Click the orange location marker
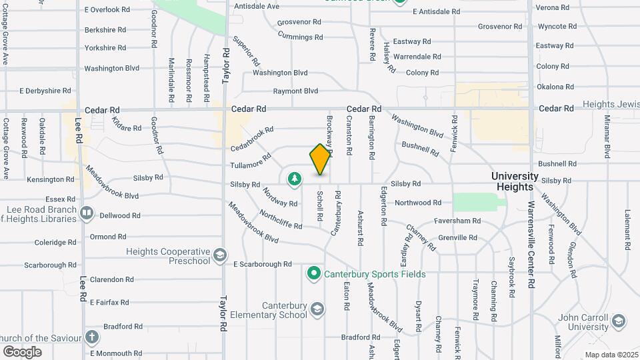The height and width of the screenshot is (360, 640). pyautogui.click(x=320, y=159)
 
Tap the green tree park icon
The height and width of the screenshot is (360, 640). pyautogui.click(x=294, y=179)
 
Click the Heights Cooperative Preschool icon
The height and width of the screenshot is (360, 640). pyautogui.click(x=219, y=256)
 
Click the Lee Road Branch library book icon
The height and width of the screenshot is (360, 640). pyautogui.click(x=87, y=213)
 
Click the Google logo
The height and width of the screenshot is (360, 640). pyautogui.click(x=22, y=351)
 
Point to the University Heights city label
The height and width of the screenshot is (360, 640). pyautogui.click(x=515, y=181)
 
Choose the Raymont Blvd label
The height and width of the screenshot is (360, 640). pyautogui.click(x=297, y=91)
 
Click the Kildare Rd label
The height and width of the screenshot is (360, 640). pyautogui.click(x=127, y=124)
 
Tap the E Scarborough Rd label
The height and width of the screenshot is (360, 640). pyautogui.click(x=263, y=264)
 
